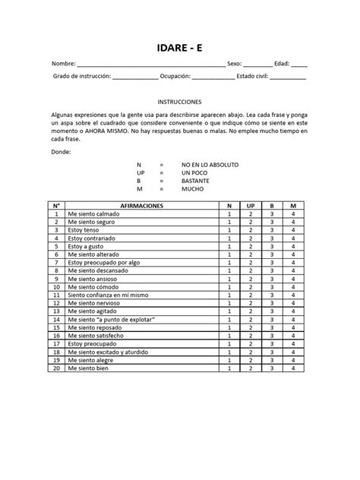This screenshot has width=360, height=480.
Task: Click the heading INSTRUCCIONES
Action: [x=179, y=100]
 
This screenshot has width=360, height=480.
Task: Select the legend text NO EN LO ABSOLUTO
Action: [x=210, y=164]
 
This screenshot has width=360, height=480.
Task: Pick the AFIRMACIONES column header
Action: [x=141, y=207]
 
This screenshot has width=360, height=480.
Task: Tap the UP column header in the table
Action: [x=250, y=207]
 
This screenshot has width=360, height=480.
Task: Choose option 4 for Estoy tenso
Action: [x=292, y=230]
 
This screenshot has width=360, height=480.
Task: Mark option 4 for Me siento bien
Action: [x=292, y=368]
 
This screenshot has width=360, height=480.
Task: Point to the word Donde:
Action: [x=61, y=151]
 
